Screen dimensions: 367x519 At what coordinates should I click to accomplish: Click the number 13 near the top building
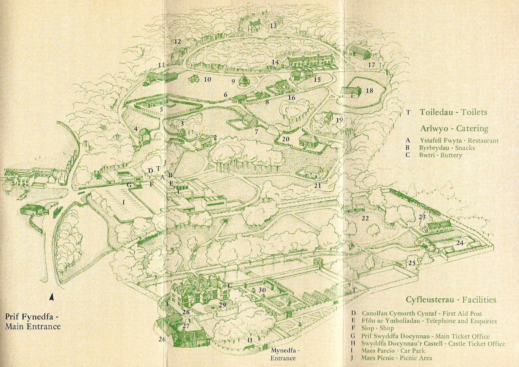coord(273,26)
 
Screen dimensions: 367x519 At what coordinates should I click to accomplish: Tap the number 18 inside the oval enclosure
coord(369,91)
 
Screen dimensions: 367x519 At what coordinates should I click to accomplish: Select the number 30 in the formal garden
coord(262,290)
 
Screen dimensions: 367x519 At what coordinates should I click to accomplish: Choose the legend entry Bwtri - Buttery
coord(441,155)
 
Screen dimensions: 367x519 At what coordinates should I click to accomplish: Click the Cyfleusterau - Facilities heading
coord(451,300)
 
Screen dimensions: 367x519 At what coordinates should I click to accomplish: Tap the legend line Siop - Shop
coord(377,328)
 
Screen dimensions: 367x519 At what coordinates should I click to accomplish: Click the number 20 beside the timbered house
coord(286,139)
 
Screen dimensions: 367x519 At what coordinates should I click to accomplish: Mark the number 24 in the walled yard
coord(460,243)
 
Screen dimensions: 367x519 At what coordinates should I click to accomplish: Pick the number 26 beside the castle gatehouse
coord(162,339)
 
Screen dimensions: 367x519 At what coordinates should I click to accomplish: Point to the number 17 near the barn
coord(371,65)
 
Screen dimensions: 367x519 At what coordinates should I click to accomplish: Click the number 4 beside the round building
coord(136,129)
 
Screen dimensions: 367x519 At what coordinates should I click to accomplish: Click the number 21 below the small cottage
coord(317,185)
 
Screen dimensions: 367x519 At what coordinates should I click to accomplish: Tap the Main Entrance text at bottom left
coord(33,327)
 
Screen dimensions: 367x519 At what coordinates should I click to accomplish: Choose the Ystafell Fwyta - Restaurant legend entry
coord(459,141)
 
